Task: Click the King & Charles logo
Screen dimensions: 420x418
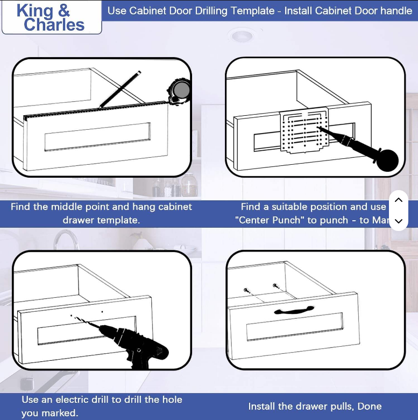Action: pyautogui.click(x=51, y=17)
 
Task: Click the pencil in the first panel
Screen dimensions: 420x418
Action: pyautogui.click(x=120, y=89)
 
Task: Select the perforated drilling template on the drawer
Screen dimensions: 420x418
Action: pyautogui.click(x=304, y=132)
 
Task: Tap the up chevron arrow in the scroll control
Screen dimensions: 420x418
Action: pyautogui.click(x=398, y=200)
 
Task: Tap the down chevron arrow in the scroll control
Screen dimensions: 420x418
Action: pyautogui.click(x=398, y=221)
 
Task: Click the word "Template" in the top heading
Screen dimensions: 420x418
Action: pyautogui.click(x=252, y=10)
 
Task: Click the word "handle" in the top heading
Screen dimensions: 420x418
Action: pyautogui.click(x=394, y=10)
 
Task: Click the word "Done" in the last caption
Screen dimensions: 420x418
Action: pyautogui.click(x=370, y=407)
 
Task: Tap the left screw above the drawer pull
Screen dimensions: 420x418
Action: pyautogui.click(x=246, y=290)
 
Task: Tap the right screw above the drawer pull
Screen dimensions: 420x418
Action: pyautogui.click(x=275, y=285)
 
